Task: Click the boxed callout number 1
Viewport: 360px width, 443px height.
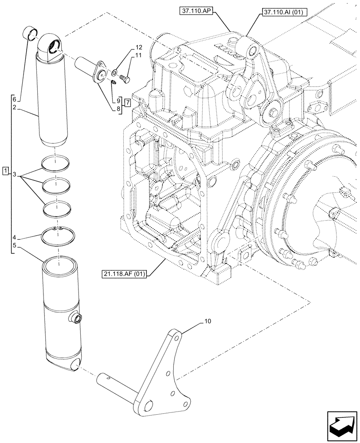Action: click(5, 170)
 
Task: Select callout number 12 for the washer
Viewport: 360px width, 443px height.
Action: click(126, 47)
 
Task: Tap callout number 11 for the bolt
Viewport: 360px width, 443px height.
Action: click(126, 55)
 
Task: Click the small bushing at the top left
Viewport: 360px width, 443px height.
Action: click(30, 34)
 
